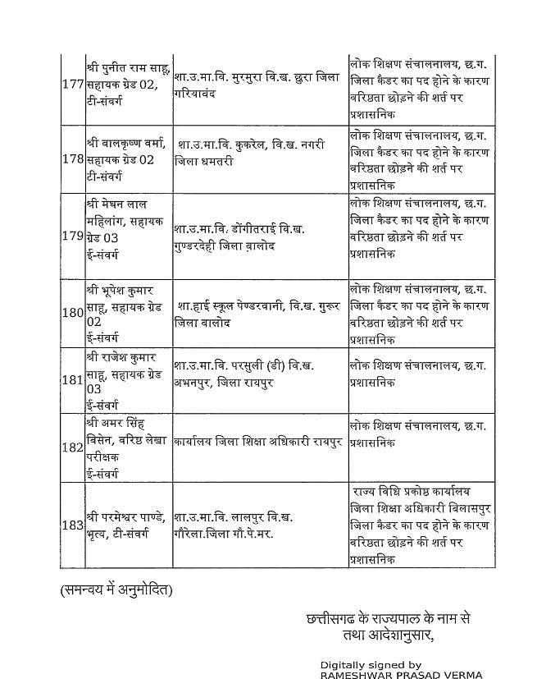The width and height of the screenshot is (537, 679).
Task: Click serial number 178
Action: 72,158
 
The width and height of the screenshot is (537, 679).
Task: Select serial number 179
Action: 72,236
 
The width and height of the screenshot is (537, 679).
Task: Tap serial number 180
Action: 72,313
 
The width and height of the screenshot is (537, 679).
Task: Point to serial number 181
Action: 72,380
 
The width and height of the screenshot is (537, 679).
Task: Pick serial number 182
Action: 72,448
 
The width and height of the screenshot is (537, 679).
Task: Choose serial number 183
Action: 72,525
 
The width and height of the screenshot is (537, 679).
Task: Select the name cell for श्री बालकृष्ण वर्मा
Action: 127,158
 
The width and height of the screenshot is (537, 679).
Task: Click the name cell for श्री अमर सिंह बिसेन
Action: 127,448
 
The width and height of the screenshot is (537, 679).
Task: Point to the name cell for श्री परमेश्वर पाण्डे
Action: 127,525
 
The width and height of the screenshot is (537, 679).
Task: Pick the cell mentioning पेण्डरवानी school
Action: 259,314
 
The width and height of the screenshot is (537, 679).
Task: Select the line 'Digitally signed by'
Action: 371,663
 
